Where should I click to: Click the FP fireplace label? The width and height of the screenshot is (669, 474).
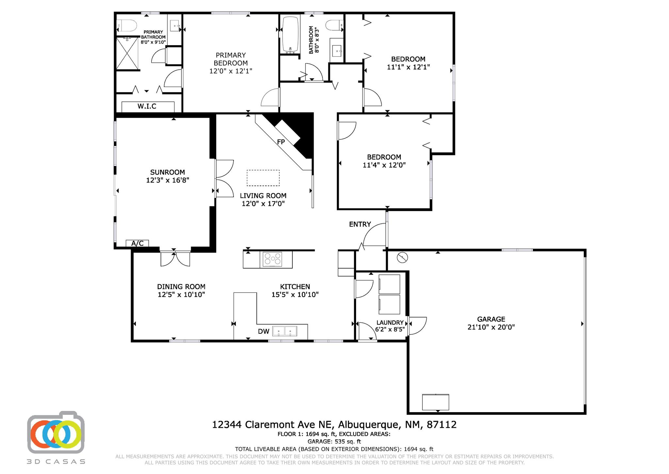click(x=281, y=142)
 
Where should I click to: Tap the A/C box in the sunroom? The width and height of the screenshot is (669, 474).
click(x=137, y=243)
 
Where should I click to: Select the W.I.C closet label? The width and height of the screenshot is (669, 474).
click(x=147, y=106)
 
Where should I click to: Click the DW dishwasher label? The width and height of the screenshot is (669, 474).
click(x=264, y=331)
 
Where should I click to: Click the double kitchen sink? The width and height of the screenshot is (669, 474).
click(x=285, y=331)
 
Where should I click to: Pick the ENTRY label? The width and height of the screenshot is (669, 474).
click(x=360, y=224)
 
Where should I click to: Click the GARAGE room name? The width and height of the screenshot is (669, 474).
click(x=491, y=319)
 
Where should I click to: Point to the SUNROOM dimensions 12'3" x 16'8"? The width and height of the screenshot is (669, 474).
click(x=168, y=180)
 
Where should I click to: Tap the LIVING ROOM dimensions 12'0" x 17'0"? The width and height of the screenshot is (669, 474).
click(x=263, y=203)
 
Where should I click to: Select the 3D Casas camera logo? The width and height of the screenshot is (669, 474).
click(x=56, y=432)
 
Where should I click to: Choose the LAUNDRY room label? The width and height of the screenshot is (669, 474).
click(x=390, y=323)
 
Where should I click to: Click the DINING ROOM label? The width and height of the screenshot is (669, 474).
click(x=181, y=287)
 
